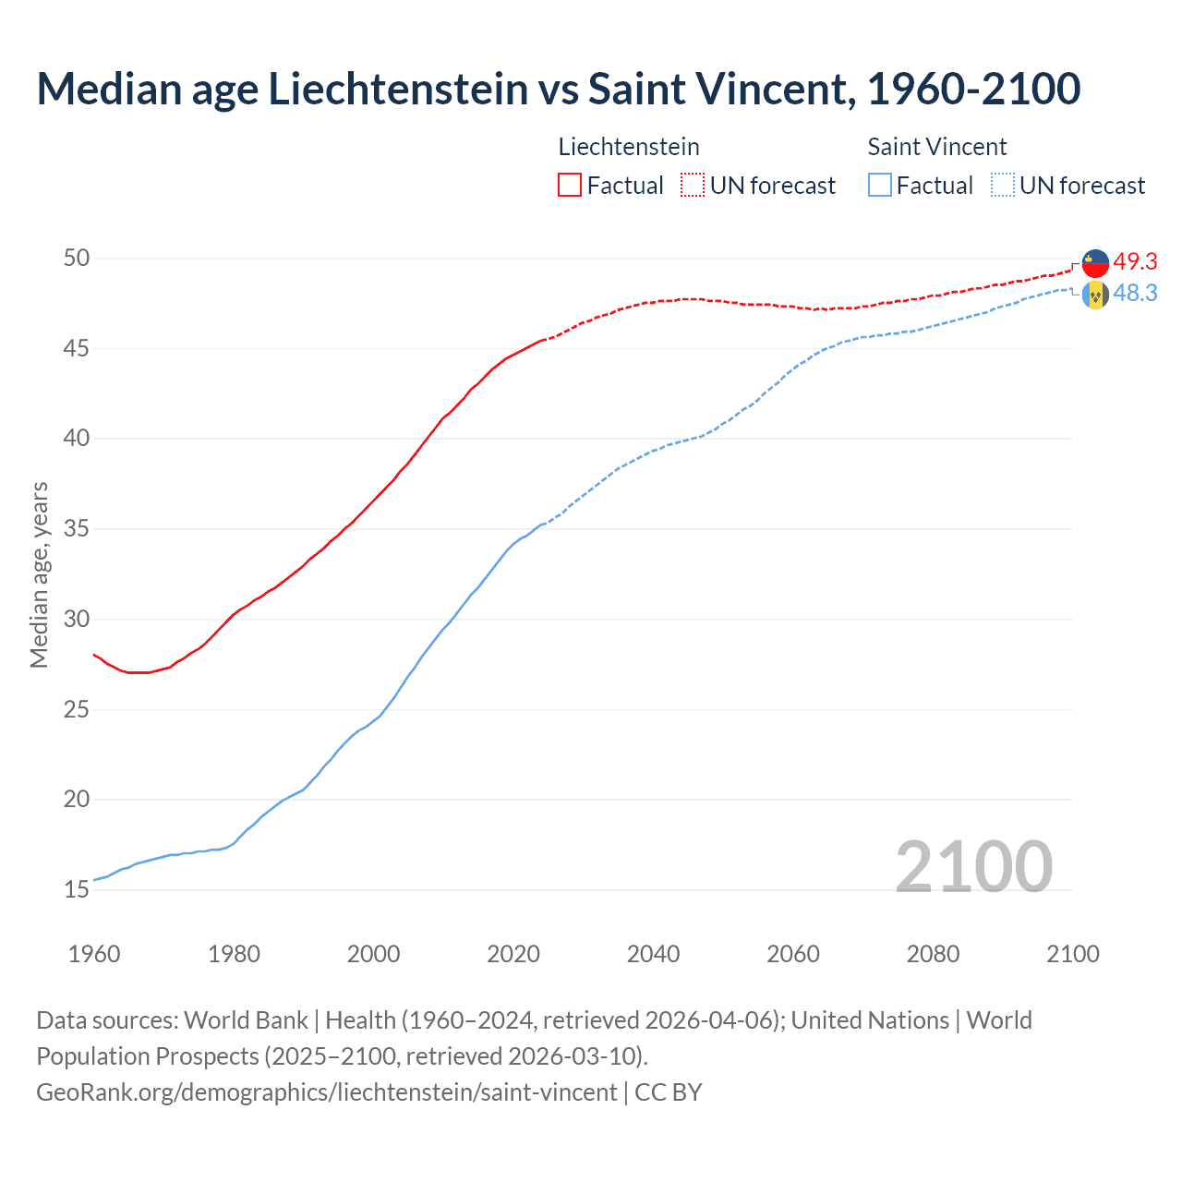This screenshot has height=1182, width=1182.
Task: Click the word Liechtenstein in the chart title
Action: (398, 89)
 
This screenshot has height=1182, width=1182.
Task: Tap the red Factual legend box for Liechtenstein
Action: (570, 185)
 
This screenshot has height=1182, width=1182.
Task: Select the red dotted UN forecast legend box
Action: (693, 185)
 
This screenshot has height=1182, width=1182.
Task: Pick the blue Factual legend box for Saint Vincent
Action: (880, 185)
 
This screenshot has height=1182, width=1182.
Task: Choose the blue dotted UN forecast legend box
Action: (1003, 185)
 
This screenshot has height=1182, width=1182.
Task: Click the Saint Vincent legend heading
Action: (936, 147)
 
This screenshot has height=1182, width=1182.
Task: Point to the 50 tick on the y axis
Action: (77, 258)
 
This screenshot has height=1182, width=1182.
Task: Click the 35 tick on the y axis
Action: (77, 529)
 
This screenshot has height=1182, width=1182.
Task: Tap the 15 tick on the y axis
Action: (77, 890)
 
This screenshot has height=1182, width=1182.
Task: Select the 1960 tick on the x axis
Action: (94, 954)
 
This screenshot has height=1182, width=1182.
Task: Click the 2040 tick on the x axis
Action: (653, 954)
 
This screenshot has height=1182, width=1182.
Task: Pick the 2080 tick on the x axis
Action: (933, 954)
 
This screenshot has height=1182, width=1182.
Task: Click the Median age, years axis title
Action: (39, 574)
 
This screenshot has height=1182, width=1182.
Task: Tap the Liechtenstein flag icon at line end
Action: (1095, 263)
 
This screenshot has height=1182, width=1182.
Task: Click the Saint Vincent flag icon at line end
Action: (1095, 295)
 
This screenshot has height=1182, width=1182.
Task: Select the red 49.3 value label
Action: (1135, 262)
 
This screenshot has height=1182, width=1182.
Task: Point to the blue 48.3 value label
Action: (1135, 294)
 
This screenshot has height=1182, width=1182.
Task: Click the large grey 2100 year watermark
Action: (973, 866)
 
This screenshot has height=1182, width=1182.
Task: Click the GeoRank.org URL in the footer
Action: (326, 1092)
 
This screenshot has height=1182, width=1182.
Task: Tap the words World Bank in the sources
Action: (246, 1020)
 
